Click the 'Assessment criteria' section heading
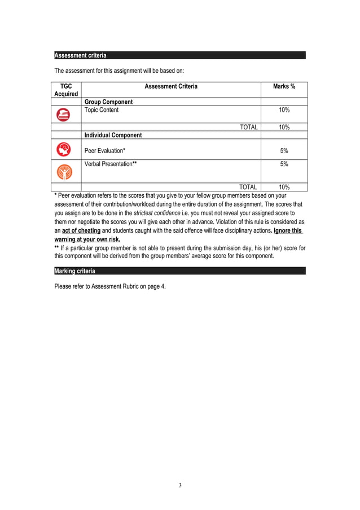[x=80, y=55]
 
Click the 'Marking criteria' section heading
[x=74, y=272]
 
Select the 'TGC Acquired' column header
[x=66, y=90]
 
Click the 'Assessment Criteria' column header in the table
[x=171, y=86]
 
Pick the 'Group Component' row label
[x=109, y=102]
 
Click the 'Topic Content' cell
[x=102, y=110]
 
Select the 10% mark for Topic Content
[x=284, y=110]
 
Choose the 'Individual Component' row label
[x=113, y=136]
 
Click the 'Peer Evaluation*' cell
[x=105, y=151]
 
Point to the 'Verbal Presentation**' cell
[x=111, y=164]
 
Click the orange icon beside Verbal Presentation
[x=65, y=171]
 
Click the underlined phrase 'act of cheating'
[x=81, y=230]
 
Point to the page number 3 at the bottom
[x=180, y=485]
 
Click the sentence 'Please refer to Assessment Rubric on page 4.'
[x=110, y=286]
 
